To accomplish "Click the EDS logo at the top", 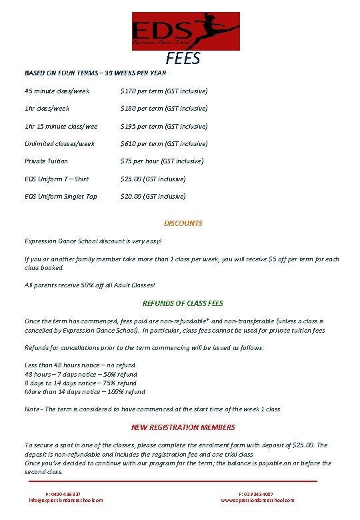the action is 185,31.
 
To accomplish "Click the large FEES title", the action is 183,59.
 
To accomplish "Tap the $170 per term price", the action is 163,91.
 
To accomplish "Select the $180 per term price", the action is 163,108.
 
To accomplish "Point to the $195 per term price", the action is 163,126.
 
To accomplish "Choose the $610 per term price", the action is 163,143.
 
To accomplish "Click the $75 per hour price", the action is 161,161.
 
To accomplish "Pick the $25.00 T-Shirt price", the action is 153,179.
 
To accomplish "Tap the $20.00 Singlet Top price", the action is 153,196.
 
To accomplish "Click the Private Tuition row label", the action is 46,161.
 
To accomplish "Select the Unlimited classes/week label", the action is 59,143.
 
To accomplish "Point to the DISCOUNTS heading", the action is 183,223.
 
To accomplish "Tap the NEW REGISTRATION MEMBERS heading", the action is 183,427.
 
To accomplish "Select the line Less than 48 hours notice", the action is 80,365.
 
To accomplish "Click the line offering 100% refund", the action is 85,391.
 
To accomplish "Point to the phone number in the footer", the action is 65,494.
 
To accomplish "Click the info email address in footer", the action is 65,500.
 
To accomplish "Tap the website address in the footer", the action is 257,500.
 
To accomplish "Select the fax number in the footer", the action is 255,494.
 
